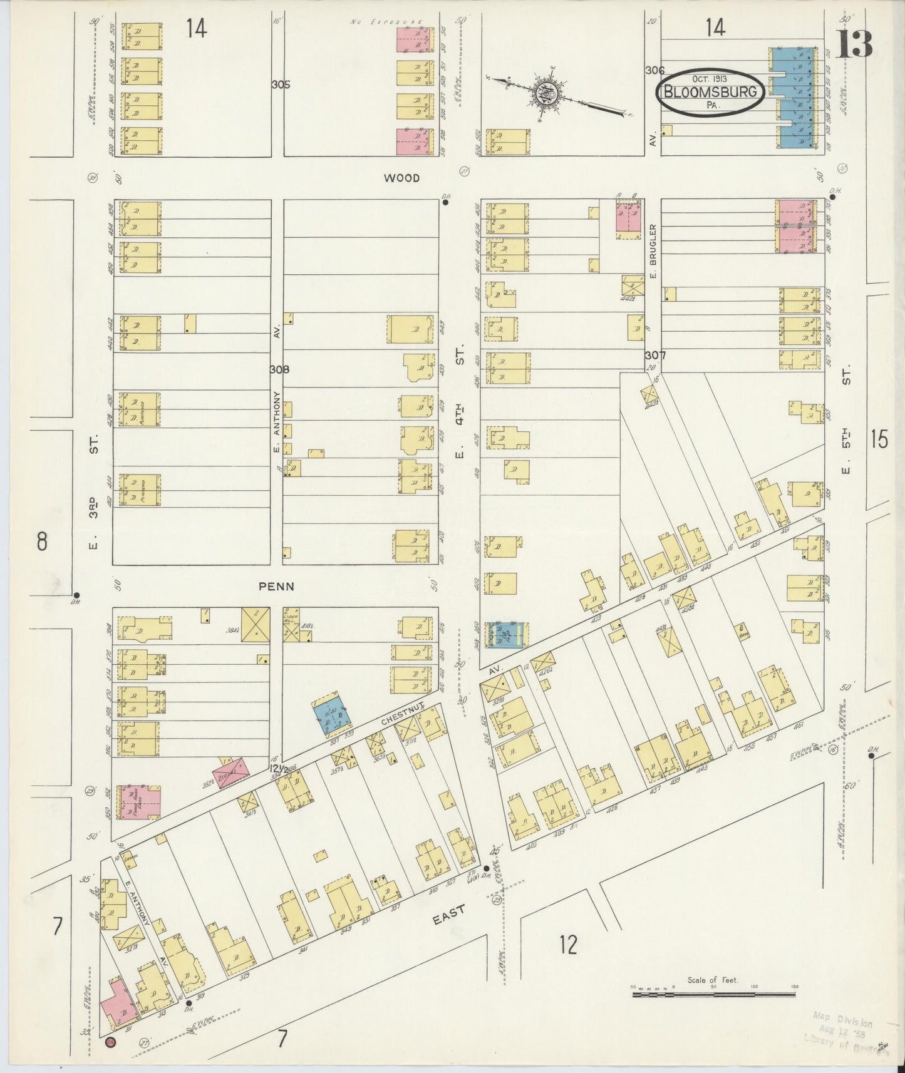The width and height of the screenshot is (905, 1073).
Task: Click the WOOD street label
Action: tap(401, 178)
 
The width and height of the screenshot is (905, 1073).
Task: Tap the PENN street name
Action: tap(276, 587)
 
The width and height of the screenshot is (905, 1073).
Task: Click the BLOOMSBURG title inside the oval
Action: tap(710, 93)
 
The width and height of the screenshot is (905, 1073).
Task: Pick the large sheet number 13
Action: tap(854, 44)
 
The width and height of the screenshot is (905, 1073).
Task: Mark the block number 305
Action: tap(281, 85)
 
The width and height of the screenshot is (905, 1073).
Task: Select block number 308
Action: tap(279, 369)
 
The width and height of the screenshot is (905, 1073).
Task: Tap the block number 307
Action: tap(655, 355)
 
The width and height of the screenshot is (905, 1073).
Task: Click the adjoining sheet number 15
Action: tap(879, 440)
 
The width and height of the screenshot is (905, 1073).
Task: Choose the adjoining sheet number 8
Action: tap(41, 541)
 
